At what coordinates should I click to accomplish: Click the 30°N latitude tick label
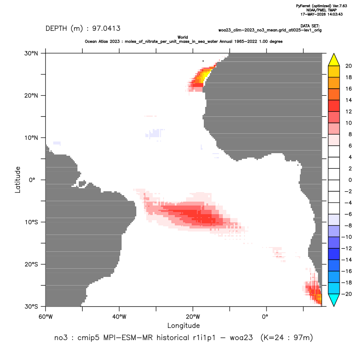pyautogui.click(x=31, y=53)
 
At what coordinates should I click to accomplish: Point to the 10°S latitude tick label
pyautogui.click(x=31, y=222)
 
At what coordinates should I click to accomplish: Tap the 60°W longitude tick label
pyautogui.click(x=45, y=317)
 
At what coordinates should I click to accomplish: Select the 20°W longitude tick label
pyautogui.click(x=193, y=317)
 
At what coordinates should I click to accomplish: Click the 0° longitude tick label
pyautogui.click(x=265, y=317)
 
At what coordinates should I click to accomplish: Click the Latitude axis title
pyautogui.click(x=18, y=180)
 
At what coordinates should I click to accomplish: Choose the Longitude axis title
pyautogui.click(x=183, y=325)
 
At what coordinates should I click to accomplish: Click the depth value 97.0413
pyautogui.click(x=106, y=29)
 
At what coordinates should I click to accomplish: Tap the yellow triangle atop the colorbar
pyautogui.click(x=334, y=59)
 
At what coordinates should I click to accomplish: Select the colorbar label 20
pyautogui.click(x=348, y=66)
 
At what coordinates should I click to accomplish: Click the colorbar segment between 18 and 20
pyautogui.click(x=334, y=71)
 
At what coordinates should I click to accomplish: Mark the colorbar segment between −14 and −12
pyautogui.click(x=334, y=254)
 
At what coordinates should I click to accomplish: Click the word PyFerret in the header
pyautogui.click(x=303, y=6)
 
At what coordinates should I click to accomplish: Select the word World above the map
pyautogui.click(x=183, y=37)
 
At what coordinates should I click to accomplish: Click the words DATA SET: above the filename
pyautogui.click(x=310, y=26)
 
